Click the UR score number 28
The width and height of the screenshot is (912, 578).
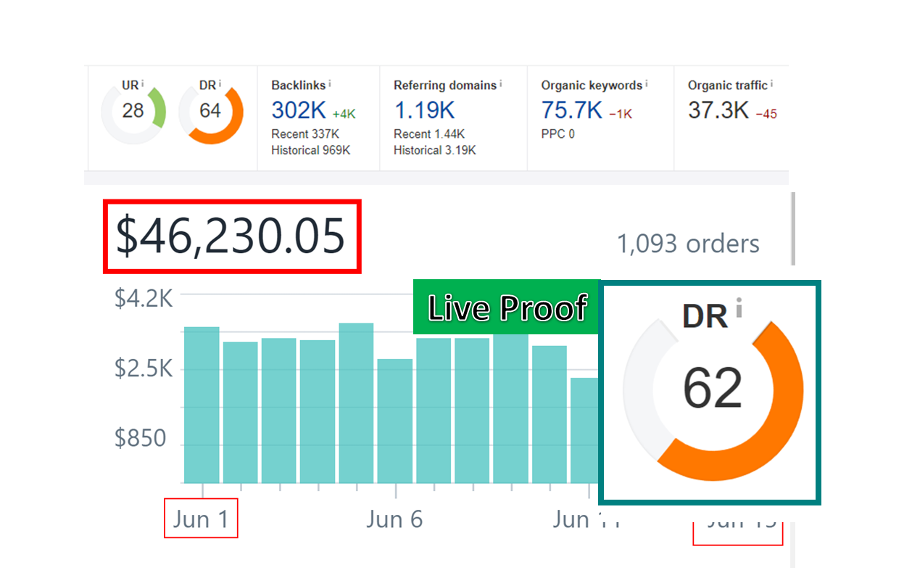[x=133, y=111]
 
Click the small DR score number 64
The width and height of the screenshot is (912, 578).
[x=210, y=111]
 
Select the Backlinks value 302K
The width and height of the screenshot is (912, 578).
[x=299, y=110]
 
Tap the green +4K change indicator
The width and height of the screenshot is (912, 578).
[x=344, y=114]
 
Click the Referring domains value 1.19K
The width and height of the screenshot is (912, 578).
[x=424, y=110]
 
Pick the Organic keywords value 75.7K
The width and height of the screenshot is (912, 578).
[x=571, y=110]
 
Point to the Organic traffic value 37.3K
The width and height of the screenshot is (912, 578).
[x=718, y=110]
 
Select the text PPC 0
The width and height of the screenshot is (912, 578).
[x=558, y=134]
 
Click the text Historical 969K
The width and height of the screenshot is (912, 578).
[x=310, y=150]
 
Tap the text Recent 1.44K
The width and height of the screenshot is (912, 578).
[x=429, y=134]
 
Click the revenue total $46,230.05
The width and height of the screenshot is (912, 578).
[x=231, y=236]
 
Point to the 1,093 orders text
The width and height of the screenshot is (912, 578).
[x=687, y=244]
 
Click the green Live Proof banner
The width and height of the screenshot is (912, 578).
[x=506, y=307]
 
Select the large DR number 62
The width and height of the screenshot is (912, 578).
[x=713, y=388]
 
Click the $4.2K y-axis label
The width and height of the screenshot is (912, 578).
[x=144, y=297]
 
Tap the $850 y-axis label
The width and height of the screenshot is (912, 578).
[x=140, y=439]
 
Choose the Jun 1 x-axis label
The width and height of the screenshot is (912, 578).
[x=201, y=519]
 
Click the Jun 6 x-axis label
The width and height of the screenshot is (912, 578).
[x=394, y=519]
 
